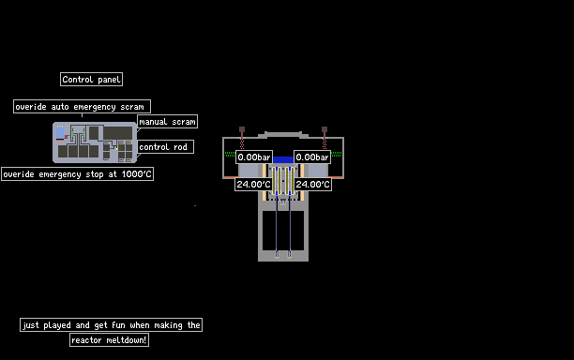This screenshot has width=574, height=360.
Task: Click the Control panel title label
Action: pyautogui.click(x=91, y=80)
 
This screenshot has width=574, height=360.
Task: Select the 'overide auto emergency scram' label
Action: pyautogui.click(x=82, y=107)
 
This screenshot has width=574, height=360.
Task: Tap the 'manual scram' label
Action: pyautogui.click(x=167, y=122)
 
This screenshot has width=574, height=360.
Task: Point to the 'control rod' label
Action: pyautogui.click(x=165, y=146)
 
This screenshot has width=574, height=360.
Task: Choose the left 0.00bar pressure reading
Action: pyautogui.click(x=253, y=157)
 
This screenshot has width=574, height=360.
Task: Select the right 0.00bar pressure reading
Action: pyautogui.click(x=312, y=157)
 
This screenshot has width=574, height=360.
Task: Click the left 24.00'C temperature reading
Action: pyautogui.click(x=253, y=185)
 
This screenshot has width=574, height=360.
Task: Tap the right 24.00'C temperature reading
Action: pyautogui.click(x=312, y=185)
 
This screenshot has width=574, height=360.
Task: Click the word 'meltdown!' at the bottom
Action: pyautogui.click(x=127, y=340)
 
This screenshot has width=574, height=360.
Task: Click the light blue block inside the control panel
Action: pyautogui.click(x=60, y=132)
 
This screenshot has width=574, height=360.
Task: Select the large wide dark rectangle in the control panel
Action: pyautogui.click(x=117, y=133)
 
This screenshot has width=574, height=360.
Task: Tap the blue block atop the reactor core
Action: pyautogui.click(x=283, y=160)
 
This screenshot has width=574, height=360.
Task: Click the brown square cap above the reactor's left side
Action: pyautogui.click(x=242, y=129)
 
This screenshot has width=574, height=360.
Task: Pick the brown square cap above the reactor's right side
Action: pyautogui.click(x=325, y=129)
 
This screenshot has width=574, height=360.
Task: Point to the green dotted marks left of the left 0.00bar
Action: pyautogui.click(x=230, y=154)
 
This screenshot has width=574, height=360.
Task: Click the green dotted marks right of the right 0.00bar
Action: pyautogui.click(x=337, y=154)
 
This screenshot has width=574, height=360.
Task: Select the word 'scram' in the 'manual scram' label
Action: pyautogui.click(x=184, y=122)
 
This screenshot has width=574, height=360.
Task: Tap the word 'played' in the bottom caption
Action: pyautogui.click(x=57, y=325)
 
